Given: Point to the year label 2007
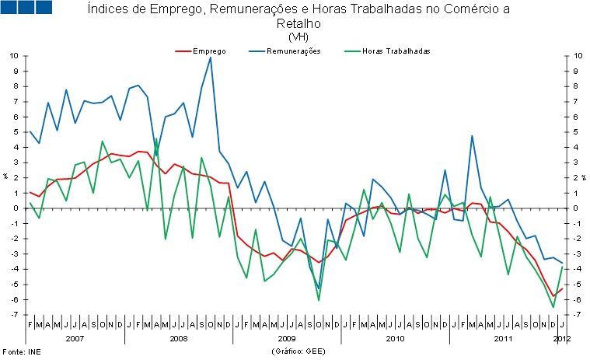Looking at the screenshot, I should [x=75, y=339].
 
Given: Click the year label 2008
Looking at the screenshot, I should [x=178, y=339].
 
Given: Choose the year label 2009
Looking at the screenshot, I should [x=286, y=339].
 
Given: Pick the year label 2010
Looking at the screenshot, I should [x=395, y=339].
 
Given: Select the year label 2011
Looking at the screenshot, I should [x=503, y=339].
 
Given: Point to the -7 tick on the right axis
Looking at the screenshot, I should [x=574, y=315].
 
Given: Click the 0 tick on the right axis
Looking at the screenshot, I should [x=574, y=208].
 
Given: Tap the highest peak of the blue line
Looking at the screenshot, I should [x=210, y=58].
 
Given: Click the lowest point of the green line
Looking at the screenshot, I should [x=553, y=307].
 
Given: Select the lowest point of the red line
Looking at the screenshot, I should [x=553, y=296].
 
